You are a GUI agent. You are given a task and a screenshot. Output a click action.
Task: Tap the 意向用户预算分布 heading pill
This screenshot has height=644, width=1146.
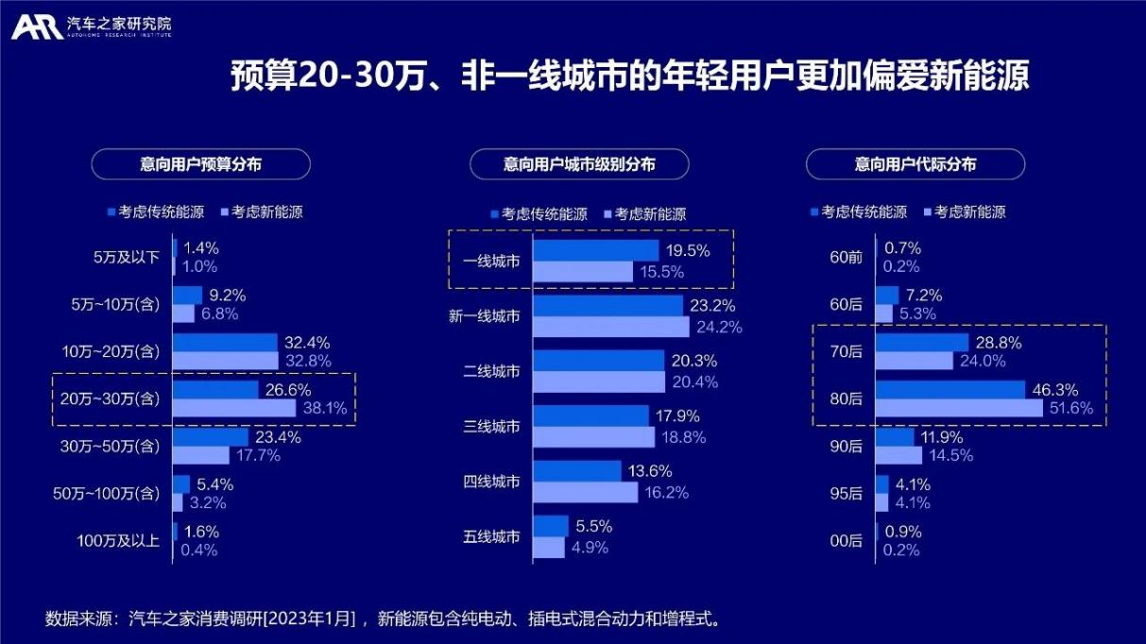coord(200,164)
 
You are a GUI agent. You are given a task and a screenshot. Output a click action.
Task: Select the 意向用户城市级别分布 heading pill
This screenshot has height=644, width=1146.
coord(579,164)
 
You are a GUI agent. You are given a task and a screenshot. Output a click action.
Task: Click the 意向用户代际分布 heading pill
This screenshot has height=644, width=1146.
coord(915,164)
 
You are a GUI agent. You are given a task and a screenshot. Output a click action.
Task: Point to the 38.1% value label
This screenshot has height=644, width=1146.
coord(324,409)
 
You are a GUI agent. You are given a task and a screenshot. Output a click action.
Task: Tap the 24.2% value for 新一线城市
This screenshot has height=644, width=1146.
coord(718,328)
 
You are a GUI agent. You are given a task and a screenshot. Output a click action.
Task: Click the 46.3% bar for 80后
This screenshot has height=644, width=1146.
coord(950,390)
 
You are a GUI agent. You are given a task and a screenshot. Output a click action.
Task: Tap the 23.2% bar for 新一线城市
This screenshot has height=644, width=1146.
coord(607,306)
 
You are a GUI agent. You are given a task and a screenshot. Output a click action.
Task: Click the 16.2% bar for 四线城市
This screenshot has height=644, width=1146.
coord(586,492)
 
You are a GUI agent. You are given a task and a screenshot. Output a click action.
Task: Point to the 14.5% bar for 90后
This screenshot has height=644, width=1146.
coord(898,455)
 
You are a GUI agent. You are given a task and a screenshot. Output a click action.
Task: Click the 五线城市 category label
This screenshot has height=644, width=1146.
coord(491,537)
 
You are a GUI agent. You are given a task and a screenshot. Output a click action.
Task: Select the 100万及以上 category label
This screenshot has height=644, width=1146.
coord(118,540)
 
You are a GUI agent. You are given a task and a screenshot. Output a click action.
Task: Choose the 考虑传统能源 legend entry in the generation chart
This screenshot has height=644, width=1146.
coord(858,212)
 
